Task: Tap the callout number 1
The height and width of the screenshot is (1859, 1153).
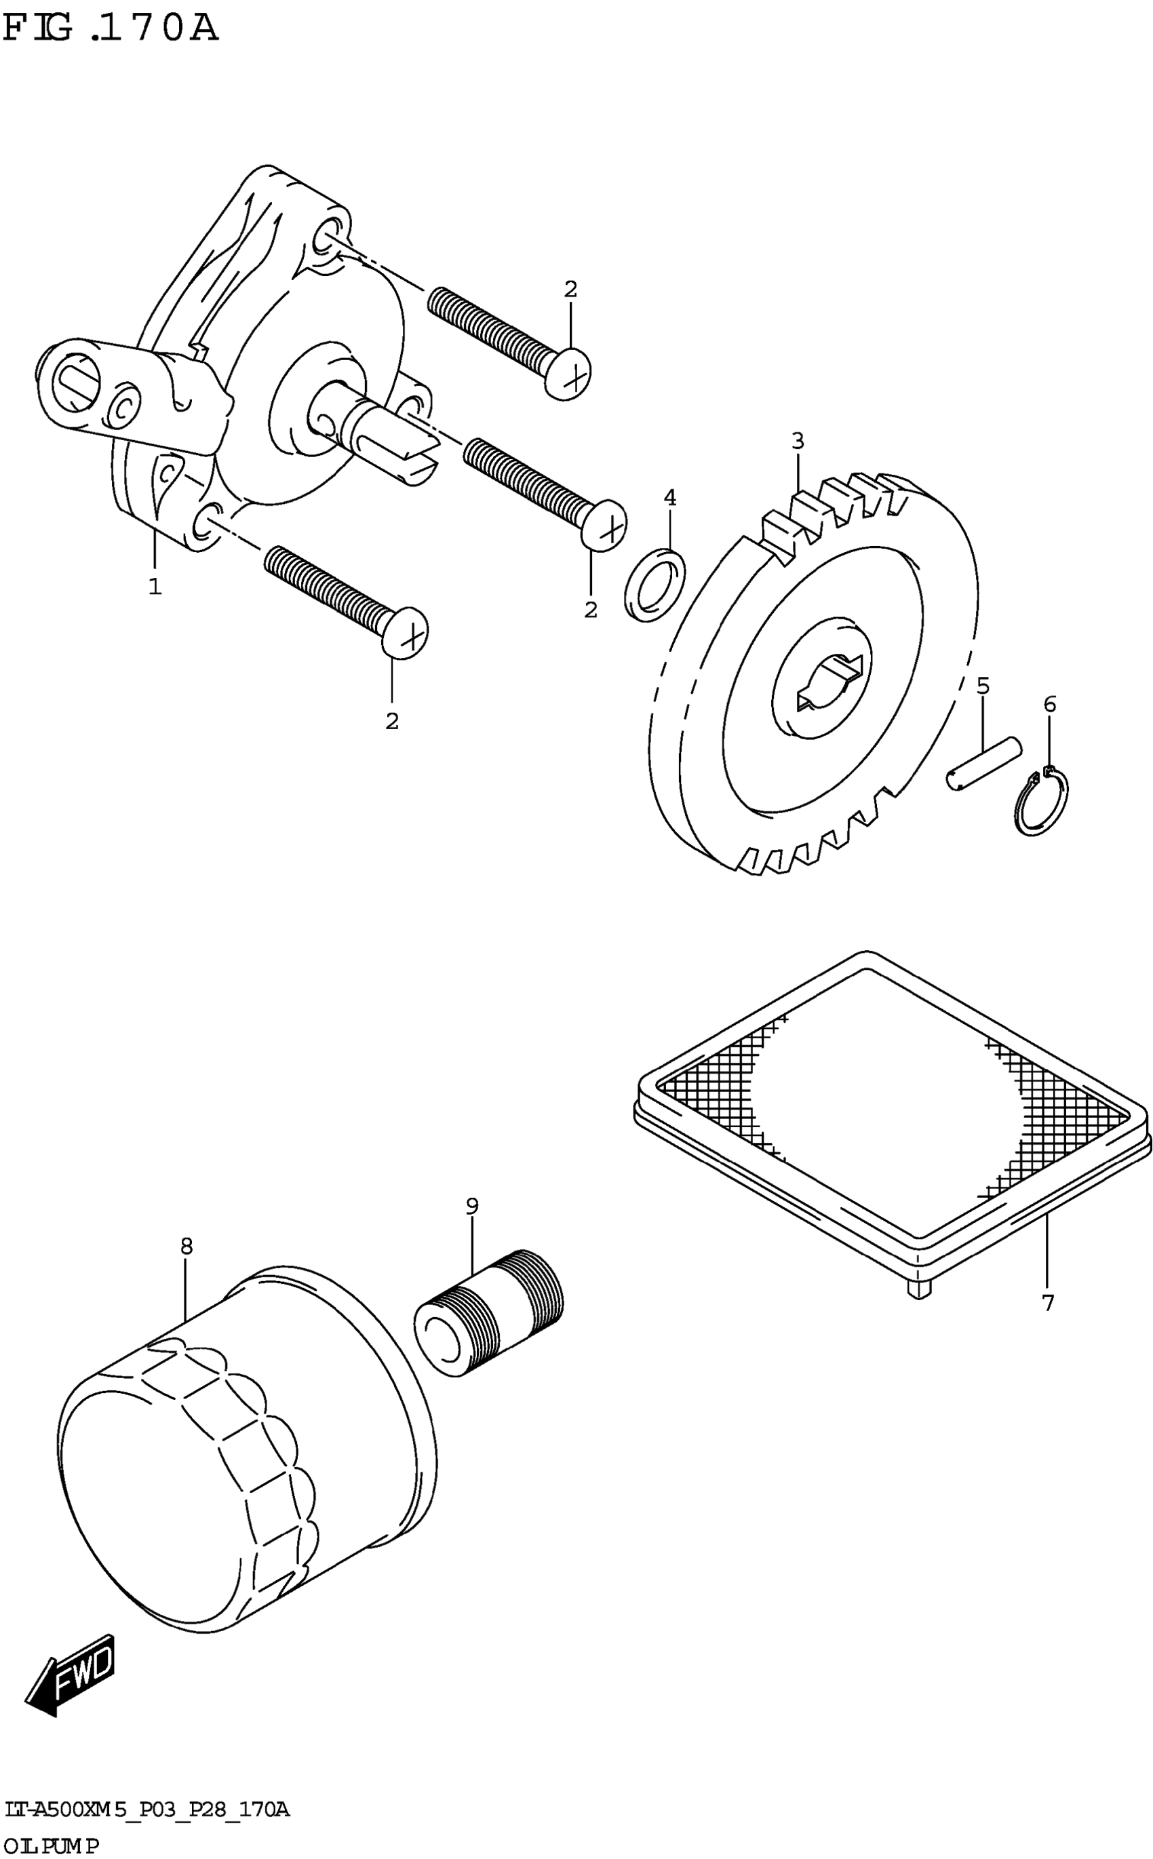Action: (155, 587)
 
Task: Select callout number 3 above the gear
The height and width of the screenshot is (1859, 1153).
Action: (797, 440)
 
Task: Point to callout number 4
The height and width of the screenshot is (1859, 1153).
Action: (669, 498)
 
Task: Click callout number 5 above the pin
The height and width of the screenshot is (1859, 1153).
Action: (983, 686)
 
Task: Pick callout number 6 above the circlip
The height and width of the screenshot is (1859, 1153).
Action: (1050, 704)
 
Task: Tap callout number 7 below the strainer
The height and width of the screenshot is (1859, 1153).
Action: (1048, 1303)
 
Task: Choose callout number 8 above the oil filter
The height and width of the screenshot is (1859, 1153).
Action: (186, 1246)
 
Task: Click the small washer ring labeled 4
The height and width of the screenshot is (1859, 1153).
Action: (655, 584)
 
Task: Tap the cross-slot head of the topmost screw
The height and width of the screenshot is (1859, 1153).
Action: (568, 374)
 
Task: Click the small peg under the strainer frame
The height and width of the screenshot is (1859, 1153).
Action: (919, 1288)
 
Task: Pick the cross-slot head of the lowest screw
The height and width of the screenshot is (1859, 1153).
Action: (405, 632)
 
